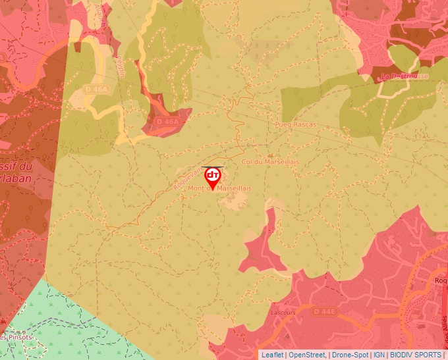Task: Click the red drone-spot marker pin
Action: pyautogui.click(x=213, y=177)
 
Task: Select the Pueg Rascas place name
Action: pyautogui.click(x=296, y=124)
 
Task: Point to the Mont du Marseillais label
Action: pyautogui.click(x=220, y=188)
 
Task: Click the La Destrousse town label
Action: pyautogui.click(x=404, y=76)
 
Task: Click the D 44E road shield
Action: pyautogui.click(x=325, y=311)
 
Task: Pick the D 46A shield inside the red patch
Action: pyautogui.click(x=167, y=122)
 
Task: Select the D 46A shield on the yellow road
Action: pyautogui.click(x=96, y=89)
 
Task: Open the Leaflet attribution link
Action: pyautogui.click(x=272, y=355)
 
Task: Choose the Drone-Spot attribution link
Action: pyautogui.click(x=350, y=355)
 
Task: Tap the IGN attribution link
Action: pyautogui.click(x=379, y=355)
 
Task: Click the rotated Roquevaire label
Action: pyautogui.click(x=189, y=176)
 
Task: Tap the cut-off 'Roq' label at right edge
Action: pyautogui.click(x=440, y=280)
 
